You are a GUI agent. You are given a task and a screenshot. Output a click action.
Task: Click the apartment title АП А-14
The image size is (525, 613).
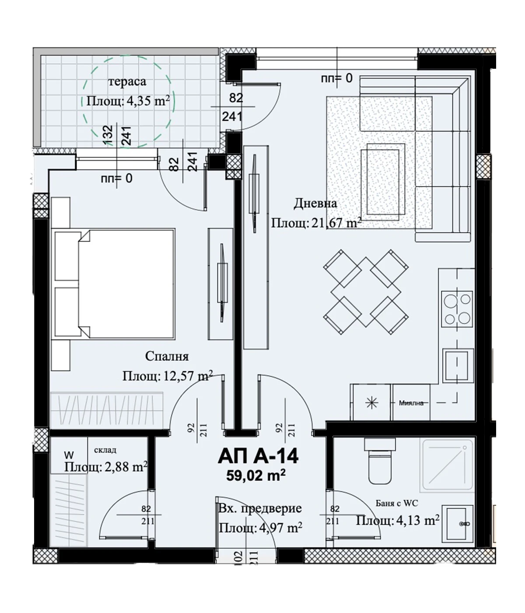[x=258, y=456]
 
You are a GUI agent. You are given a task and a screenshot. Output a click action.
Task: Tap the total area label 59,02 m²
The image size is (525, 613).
[x=255, y=476]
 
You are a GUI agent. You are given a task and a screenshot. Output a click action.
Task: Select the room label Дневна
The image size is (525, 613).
[x=315, y=204]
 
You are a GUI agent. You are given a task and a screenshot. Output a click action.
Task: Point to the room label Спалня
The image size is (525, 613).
[x=167, y=356]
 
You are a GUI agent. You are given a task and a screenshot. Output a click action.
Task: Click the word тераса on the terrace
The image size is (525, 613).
[x=127, y=81]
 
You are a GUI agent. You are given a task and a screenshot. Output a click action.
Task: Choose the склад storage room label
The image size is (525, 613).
[x=105, y=450]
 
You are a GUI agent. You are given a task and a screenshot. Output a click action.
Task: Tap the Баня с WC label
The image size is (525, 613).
[x=397, y=503]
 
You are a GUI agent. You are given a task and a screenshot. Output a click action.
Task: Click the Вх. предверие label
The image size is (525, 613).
[x=260, y=508]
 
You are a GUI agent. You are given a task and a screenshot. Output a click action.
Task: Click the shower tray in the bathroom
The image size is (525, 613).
[x=448, y=464]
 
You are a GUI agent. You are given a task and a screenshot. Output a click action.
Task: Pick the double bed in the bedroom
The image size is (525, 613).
[x=113, y=284]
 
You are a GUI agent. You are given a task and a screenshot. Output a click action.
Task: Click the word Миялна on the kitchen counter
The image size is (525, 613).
[x=411, y=403]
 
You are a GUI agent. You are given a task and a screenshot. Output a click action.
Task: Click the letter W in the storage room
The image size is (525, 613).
[x=69, y=454]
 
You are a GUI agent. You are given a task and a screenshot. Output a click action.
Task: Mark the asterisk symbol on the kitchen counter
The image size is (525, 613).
[x=372, y=403]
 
